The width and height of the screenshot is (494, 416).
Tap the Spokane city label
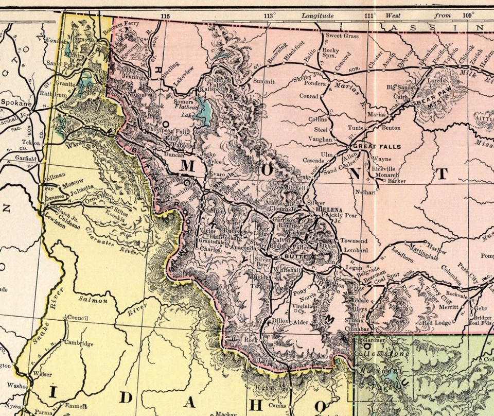pyautogui.click(x=15, y=103)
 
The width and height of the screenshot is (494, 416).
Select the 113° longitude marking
pyautogui.click(x=269, y=15)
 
